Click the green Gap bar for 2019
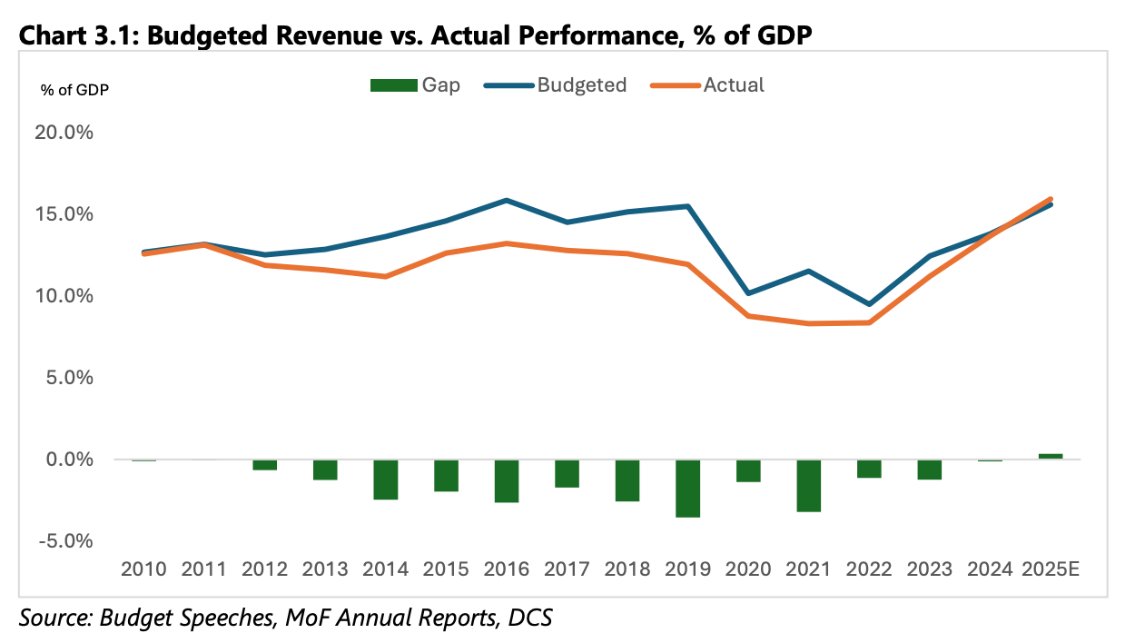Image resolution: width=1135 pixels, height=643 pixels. [688, 489]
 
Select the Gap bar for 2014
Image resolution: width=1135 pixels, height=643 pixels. [386, 480]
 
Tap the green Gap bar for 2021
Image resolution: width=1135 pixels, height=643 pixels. [809, 486]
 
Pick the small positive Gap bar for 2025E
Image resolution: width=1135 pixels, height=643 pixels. [1051, 456]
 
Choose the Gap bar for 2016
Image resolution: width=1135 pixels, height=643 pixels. [507, 481]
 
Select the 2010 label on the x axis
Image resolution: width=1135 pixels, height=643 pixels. [143, 569]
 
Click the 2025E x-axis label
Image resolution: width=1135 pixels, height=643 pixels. [1051, 569]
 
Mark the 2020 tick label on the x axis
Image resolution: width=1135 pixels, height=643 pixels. [748, 569]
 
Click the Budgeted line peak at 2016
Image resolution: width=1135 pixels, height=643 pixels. [507, 200]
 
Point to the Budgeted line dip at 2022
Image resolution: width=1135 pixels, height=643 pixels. [869, 304]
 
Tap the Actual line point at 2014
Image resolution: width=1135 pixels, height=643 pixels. [386, 276]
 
